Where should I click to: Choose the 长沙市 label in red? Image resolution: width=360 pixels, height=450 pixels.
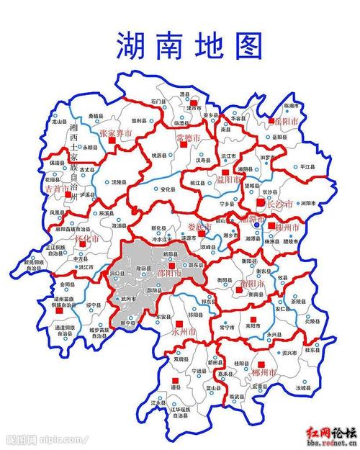pyautogui.click(x=280, y=204)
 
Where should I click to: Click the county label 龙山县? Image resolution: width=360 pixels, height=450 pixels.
pyautogui.click(x=60, y=122)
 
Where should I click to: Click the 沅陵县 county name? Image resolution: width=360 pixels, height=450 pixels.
pyautogui.click(x=119, y=184)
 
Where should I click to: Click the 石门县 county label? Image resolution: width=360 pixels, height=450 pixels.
pyautogui.click(x=158, y=102)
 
